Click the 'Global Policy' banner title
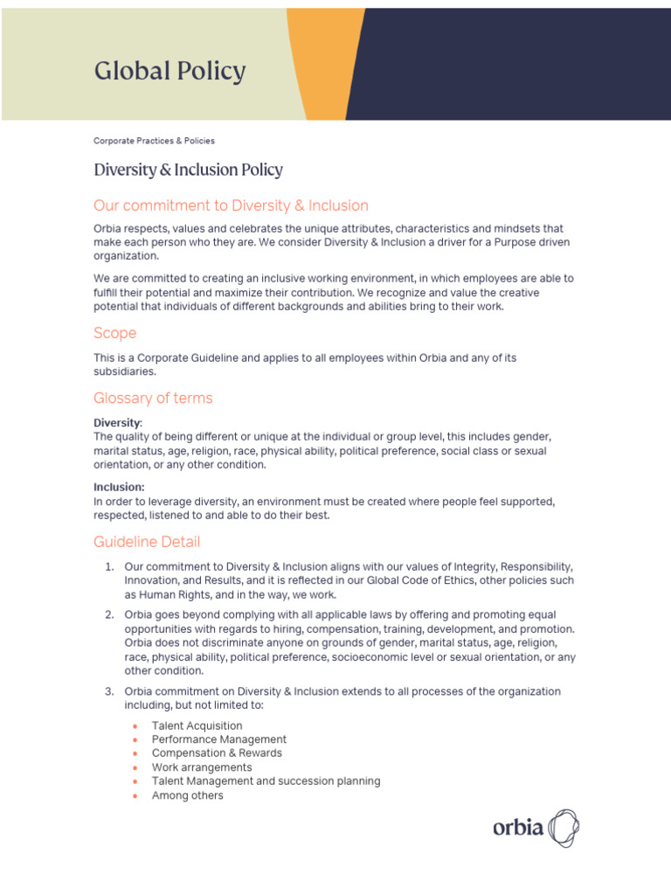169,72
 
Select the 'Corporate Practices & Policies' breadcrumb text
154,141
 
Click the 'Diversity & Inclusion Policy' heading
188,170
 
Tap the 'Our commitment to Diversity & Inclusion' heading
231,205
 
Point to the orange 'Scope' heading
114,333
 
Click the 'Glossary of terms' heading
153,398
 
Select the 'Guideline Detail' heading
146,542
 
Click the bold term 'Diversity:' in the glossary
117,422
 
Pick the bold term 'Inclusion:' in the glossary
119,487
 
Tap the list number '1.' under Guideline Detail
110,566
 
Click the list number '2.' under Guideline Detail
110,615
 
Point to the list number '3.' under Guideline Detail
110,691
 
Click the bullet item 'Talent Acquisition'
197,725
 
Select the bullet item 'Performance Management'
218,739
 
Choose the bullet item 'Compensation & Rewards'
217,753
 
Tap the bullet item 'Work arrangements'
201,767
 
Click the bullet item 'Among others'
187,795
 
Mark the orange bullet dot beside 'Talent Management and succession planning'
135,781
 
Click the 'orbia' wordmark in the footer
517,827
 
